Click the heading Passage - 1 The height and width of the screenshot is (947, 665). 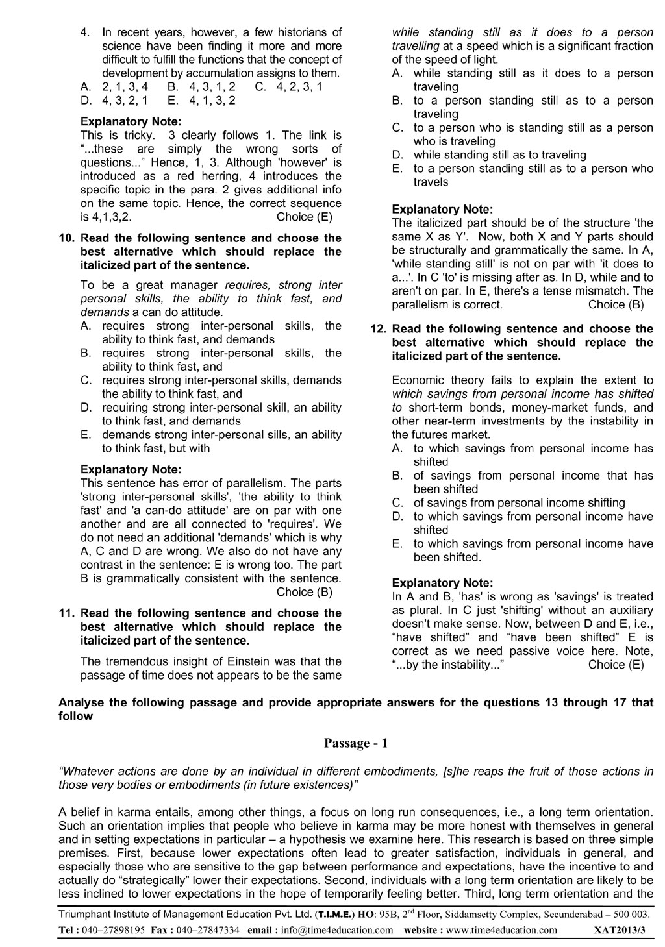[356, 744]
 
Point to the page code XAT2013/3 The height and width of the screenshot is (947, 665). [620, 929]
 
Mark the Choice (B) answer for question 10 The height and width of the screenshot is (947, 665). [304, 592]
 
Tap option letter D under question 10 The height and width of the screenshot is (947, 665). [85, 408]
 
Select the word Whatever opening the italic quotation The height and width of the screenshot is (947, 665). [84, 771]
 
